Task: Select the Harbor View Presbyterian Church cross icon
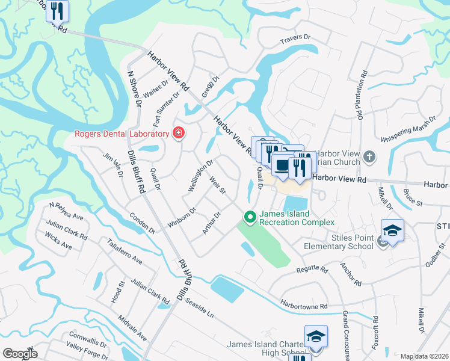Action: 370,158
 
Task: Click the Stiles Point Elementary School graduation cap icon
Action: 392,231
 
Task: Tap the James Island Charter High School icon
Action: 316,337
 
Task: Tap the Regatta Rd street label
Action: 312,270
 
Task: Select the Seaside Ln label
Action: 200,307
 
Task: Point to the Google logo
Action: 20,354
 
